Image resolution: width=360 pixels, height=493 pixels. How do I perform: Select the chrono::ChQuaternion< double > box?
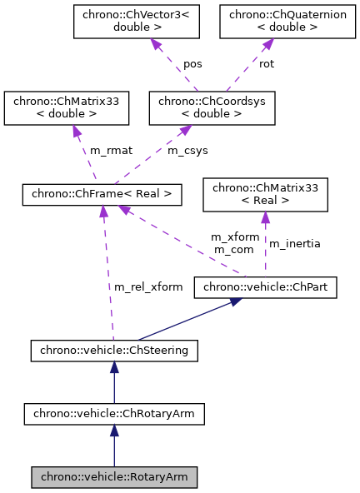coord(272,22)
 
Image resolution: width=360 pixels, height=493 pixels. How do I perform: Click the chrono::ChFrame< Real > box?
coord(102,194)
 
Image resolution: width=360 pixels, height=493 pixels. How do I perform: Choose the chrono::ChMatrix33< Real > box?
coord(266,194)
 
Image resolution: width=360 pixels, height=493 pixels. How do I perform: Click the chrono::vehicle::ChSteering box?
coord(113,351)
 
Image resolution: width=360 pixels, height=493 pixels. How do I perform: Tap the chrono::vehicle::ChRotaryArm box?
coord(113,413)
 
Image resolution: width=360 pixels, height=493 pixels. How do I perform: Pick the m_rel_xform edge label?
coord(148,287)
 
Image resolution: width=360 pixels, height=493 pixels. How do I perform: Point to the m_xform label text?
coord(234,237)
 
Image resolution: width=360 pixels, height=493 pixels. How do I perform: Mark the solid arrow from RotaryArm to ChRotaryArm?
coord(113,446)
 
